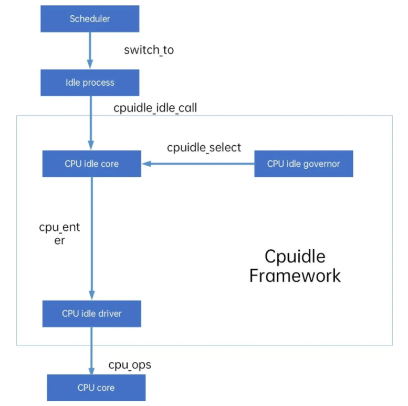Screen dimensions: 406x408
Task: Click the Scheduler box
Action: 90,19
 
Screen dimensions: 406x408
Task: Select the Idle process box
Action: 90,83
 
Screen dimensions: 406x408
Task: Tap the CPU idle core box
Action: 91,164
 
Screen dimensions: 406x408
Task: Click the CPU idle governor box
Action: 304,164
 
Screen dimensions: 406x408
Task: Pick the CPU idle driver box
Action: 91,313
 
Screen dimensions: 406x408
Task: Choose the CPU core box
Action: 96,388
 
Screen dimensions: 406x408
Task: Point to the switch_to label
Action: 149,50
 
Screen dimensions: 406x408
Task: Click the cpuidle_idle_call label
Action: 155,108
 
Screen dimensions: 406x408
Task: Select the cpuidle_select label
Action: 204,148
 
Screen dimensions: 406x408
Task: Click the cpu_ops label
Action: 130,364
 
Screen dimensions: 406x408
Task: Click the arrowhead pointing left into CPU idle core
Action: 146,164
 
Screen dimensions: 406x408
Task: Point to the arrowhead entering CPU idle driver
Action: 91,296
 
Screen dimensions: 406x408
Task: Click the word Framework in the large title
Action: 295,276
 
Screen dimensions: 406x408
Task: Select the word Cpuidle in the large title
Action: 295,256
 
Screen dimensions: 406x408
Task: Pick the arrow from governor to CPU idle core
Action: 200,164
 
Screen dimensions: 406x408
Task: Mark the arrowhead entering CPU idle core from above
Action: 91,146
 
